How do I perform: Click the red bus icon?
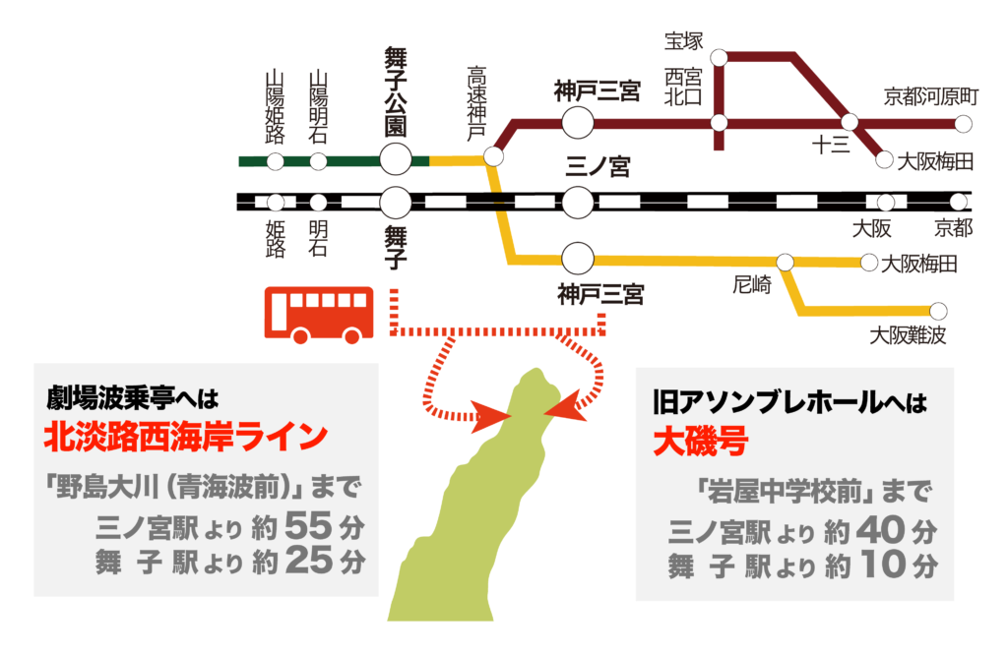pos(319,314)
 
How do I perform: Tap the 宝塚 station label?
pos(685,41)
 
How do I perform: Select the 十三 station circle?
pos(850,123)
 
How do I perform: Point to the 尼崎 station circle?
pos(785,263)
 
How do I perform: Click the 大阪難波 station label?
pos(907,336)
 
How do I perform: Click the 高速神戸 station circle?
pos(494,157)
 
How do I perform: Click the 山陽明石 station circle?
pos(318,161)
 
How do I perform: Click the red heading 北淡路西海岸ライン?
pos(185,436)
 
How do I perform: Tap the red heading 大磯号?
pos(700,442)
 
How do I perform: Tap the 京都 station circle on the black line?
pos(961,203)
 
